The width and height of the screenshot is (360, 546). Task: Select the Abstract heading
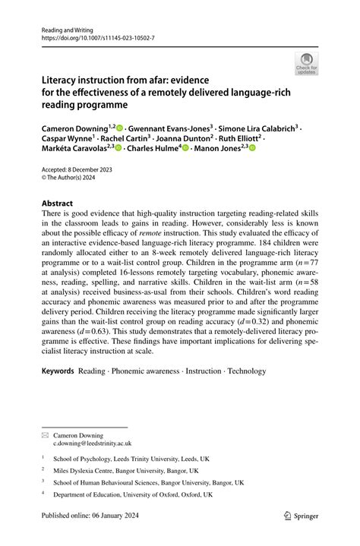[57, 204]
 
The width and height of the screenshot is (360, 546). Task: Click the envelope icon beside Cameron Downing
[46, 434]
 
